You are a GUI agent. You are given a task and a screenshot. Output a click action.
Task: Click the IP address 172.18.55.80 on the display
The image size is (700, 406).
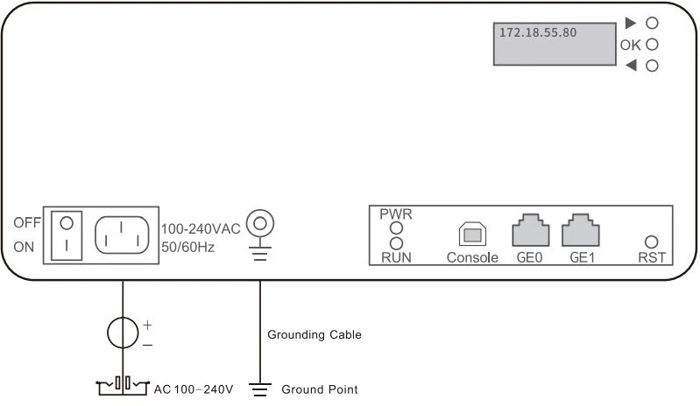(x=538, y=31)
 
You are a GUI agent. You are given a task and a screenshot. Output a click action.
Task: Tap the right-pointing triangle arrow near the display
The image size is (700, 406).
(x=630, y=23)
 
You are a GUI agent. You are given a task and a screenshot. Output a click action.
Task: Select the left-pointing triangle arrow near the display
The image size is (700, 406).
(x=630, y=66)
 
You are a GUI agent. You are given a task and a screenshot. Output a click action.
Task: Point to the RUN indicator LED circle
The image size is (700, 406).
(x=396, y=242)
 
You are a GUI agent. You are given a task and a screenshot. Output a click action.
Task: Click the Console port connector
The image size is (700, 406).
(x=471, y=234)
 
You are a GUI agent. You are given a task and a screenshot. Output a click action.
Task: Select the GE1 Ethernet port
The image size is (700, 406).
(x=580, y=230)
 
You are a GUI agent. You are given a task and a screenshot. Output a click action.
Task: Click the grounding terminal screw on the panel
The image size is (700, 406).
(x=258, y=224)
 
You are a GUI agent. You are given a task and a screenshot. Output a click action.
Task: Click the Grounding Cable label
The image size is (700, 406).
(x=314, y=334)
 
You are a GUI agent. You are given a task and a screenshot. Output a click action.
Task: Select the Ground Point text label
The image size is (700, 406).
(x=319, y=389)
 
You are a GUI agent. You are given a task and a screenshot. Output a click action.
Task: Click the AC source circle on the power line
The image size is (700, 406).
(x=123, y=332)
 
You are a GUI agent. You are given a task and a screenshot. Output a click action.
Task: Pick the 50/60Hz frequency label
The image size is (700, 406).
(x=187, y=248)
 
